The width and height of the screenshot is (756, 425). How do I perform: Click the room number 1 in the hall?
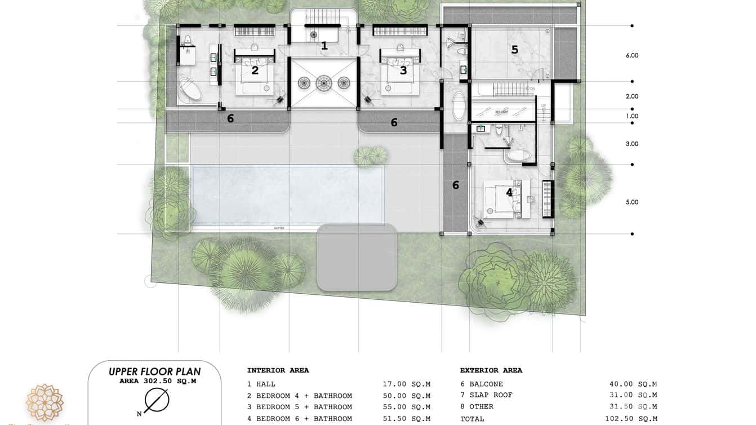324,46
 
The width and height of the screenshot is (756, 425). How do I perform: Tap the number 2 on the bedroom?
255,70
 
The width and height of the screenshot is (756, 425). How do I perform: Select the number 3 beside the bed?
403,70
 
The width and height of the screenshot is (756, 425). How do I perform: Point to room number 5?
514,50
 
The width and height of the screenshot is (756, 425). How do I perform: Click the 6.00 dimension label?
632,55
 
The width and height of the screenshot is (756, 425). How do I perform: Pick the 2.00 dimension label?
632,96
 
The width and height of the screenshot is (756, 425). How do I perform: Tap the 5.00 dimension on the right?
632,202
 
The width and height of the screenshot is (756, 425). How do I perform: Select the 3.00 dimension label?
632,144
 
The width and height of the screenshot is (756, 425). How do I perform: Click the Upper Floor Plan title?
154,371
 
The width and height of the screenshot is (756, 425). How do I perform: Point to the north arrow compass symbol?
156,401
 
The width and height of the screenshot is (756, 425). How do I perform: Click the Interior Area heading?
278,370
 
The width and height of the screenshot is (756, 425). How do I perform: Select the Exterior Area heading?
491,370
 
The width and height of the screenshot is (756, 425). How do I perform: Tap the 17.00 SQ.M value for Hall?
406,384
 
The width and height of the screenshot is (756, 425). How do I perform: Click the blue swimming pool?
287,194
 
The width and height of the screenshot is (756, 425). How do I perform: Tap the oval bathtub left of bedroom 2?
190,90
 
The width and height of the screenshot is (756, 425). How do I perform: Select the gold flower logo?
45,402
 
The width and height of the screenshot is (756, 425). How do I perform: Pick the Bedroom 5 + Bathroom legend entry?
299,407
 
